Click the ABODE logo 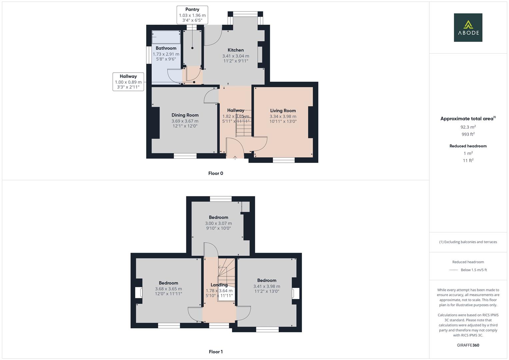point(468,27)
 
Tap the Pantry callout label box point(192,15)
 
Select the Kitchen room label point(236,50)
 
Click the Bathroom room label point(166,48)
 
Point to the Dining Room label point(185,115)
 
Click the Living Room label point(283,110)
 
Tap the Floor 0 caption point(216,173)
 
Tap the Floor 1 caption point(216,352)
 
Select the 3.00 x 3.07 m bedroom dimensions point(218,223)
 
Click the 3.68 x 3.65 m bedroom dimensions point(168,289)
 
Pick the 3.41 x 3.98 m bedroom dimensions point(267,286)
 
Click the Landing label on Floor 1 point(219,285)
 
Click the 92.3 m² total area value point(468,127)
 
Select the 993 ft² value point(468,134)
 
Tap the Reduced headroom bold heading point(468,146)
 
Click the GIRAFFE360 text point(468,345)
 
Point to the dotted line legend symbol point(454,270)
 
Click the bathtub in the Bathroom point(166,37)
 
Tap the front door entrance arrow point(235,158)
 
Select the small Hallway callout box point(128,82)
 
